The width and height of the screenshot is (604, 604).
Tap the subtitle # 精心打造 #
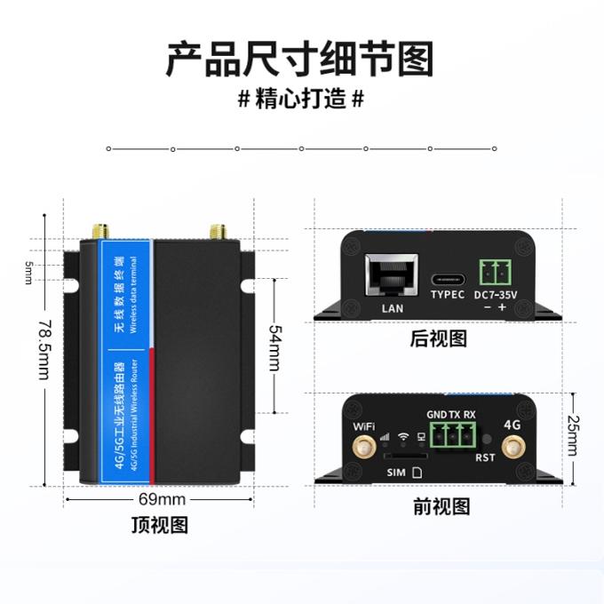coord(301,99)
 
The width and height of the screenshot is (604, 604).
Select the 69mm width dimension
coord(163,499)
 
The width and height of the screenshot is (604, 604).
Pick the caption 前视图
coord(441,507)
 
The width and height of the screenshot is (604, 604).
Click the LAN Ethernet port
coord(391,274)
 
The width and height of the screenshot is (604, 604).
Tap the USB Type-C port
coord(448,273)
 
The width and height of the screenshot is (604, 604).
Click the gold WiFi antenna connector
coord(363,449)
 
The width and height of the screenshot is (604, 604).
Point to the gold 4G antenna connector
coord(512,449)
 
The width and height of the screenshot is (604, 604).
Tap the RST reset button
coord(486,440)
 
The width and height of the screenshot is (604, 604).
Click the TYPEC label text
coord(448,295)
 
